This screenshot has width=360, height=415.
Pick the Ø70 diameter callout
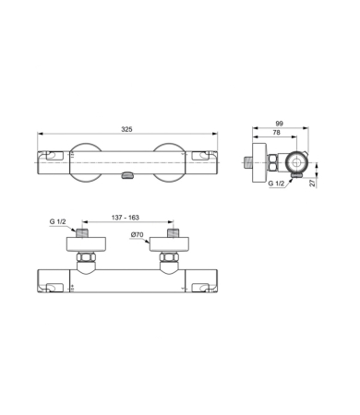coord(138,236)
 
